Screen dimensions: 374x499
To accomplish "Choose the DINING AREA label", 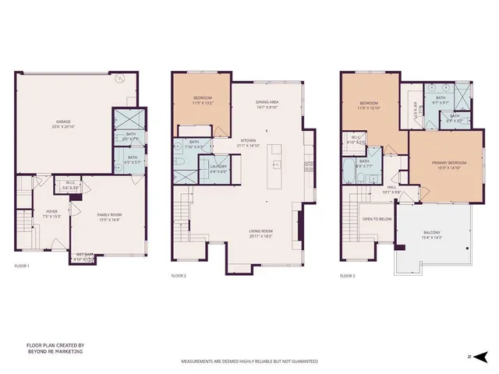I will coord(268,102).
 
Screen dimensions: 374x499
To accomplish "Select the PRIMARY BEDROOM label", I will coord(448,162).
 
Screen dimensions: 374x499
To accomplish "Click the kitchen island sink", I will coord(275,164).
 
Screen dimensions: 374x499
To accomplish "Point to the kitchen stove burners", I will coord(308,165).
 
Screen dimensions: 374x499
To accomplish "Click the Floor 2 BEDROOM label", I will coord(202,99).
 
